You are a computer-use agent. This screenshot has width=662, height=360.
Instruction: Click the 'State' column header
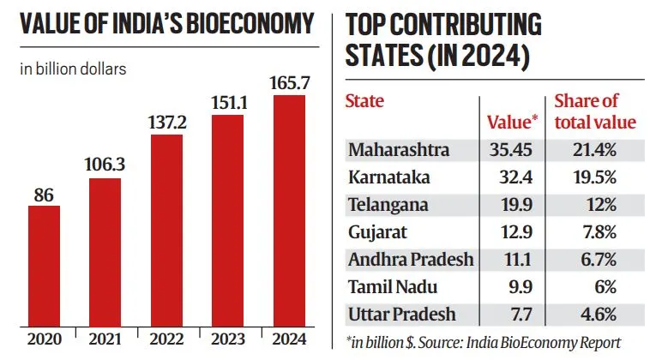coord(364,101)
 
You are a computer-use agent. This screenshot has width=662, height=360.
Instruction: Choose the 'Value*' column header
coord(509,122)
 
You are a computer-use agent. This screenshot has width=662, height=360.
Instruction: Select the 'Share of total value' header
coord(594,111)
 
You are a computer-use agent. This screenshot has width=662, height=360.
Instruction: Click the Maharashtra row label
coord(399,150)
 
